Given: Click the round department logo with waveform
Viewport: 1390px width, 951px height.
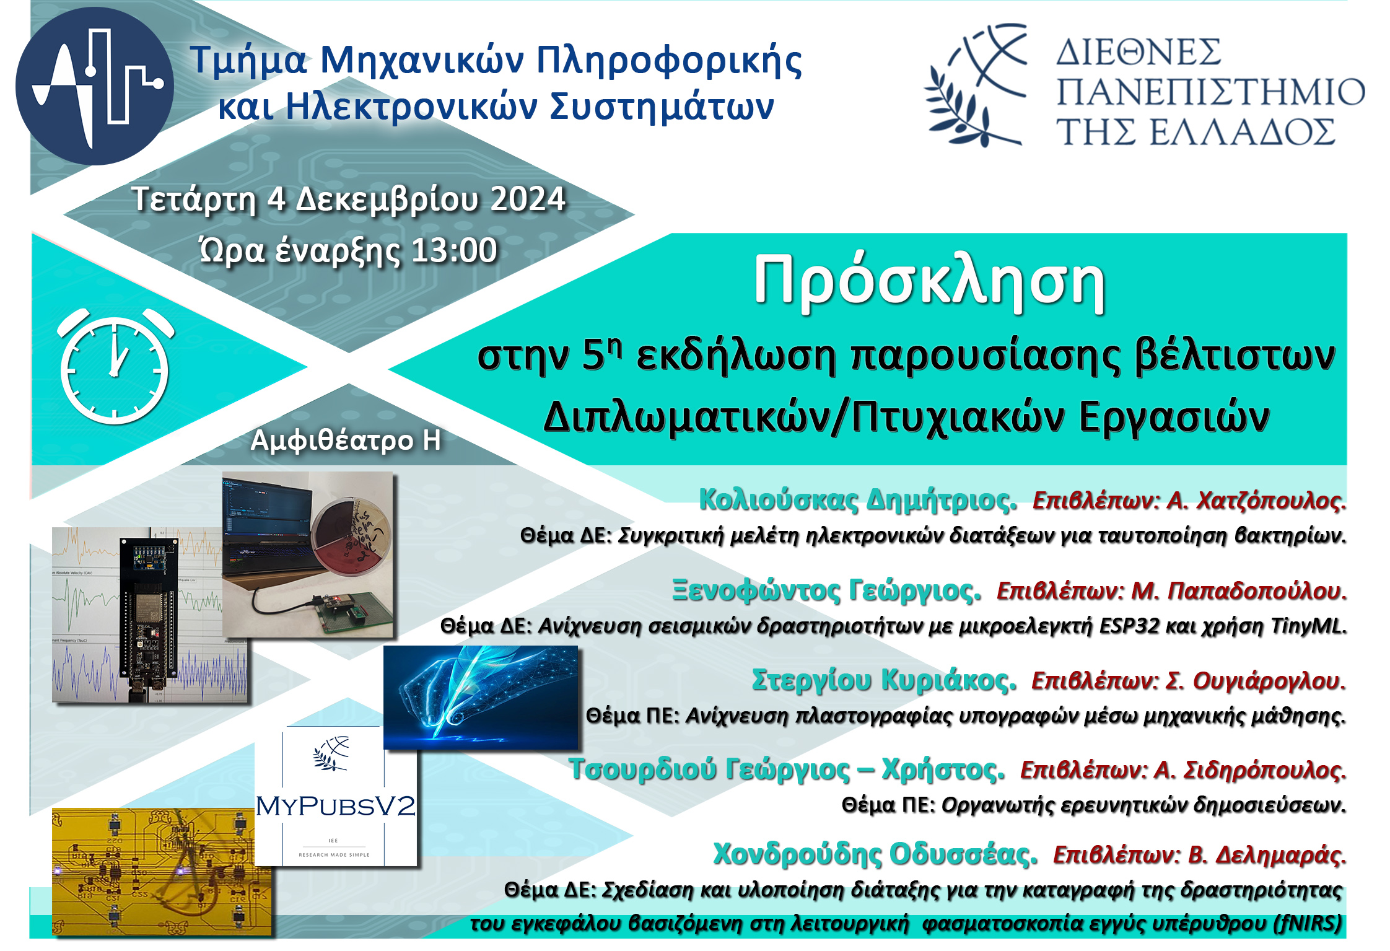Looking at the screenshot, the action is pos(95,86).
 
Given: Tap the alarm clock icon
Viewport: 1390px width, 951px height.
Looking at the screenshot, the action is pos(115,366).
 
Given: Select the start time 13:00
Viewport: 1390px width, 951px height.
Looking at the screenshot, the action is pos(454,251).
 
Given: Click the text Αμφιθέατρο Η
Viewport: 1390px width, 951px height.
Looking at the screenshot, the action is pos(346,440).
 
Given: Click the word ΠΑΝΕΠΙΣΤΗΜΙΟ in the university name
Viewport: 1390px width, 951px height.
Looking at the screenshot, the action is pos(1210,92).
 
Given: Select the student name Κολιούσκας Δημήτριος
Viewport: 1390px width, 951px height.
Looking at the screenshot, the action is pos(858,499).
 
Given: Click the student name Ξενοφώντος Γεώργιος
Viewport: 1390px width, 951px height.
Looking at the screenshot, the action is pos(827,590).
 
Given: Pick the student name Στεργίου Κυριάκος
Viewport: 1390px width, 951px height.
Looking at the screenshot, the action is pos(884,680).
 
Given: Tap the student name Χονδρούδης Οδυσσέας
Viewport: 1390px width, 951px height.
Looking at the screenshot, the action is pos(875,854).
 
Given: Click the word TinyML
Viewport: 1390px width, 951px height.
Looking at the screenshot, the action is pos(1308,626).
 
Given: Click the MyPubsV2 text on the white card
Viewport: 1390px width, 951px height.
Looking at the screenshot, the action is pos(336,806).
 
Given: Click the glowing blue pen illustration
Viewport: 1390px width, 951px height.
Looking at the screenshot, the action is pos(481,698).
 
